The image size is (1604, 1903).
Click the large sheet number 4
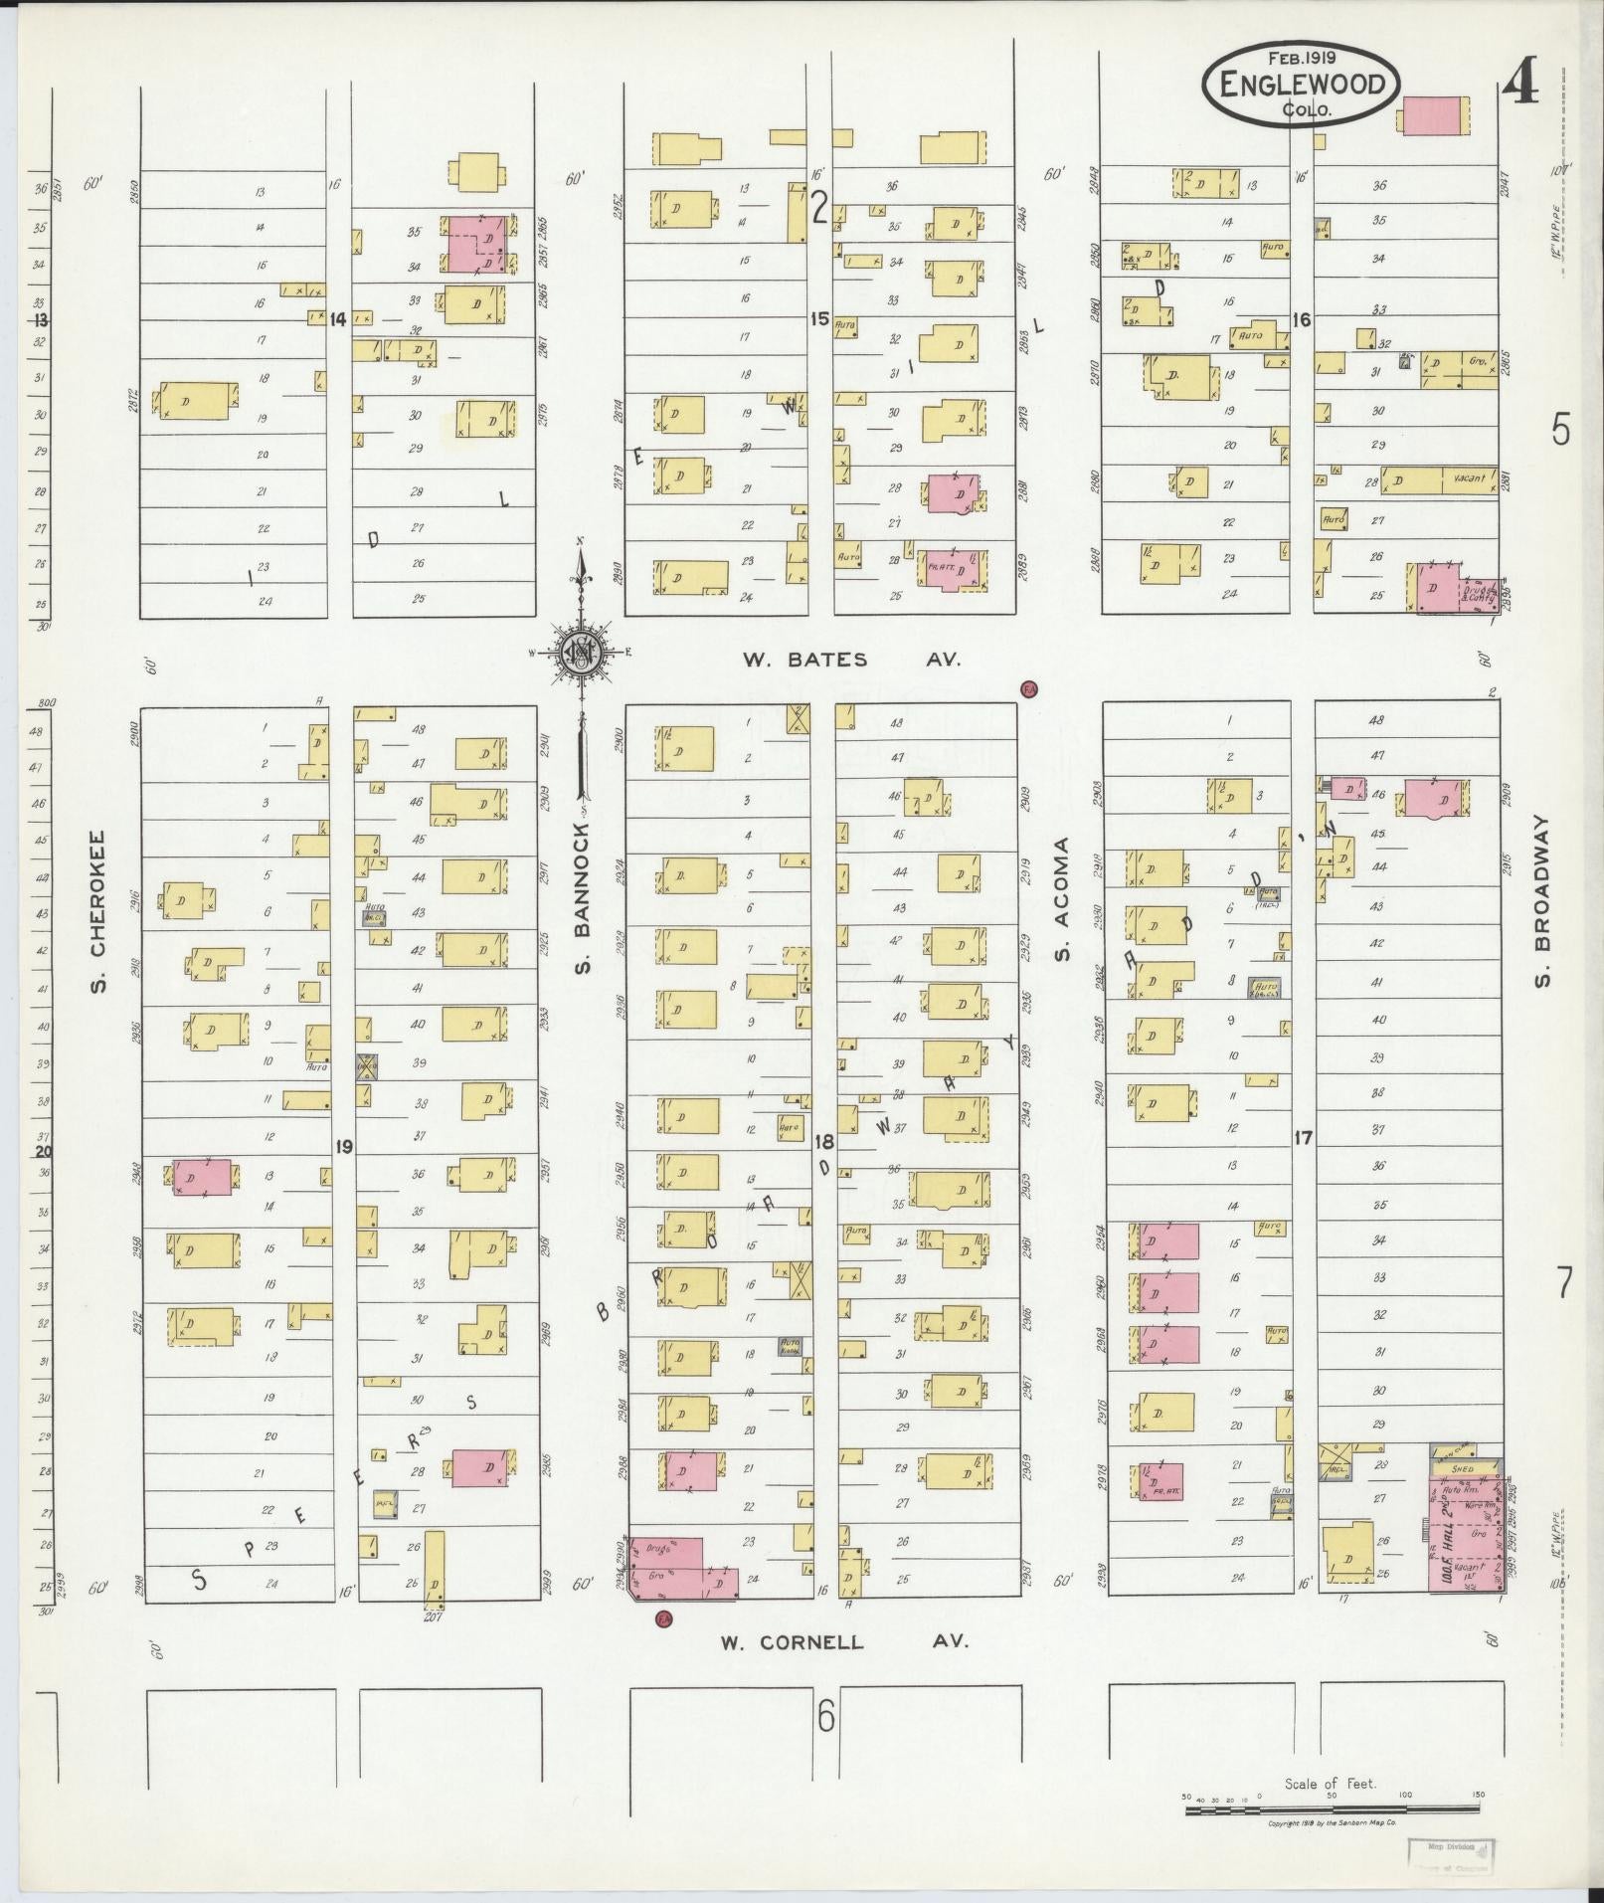tap(1520, 84)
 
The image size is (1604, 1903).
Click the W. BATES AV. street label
tap(851, 660)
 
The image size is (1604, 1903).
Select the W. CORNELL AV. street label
tap(844, 1642)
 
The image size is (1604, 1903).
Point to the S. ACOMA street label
tap(1062, 899)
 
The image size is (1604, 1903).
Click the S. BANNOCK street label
tap(583, 897)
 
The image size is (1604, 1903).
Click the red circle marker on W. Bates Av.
tap(1029, 688)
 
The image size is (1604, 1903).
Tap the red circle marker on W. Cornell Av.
tap(663, 1619)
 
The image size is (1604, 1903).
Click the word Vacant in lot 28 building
tap(1468, 478)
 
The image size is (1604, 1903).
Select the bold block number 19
tap(344, 1147)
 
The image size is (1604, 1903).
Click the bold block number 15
tap(818, 319)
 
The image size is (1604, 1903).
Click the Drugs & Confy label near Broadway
tap(1480, 592)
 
